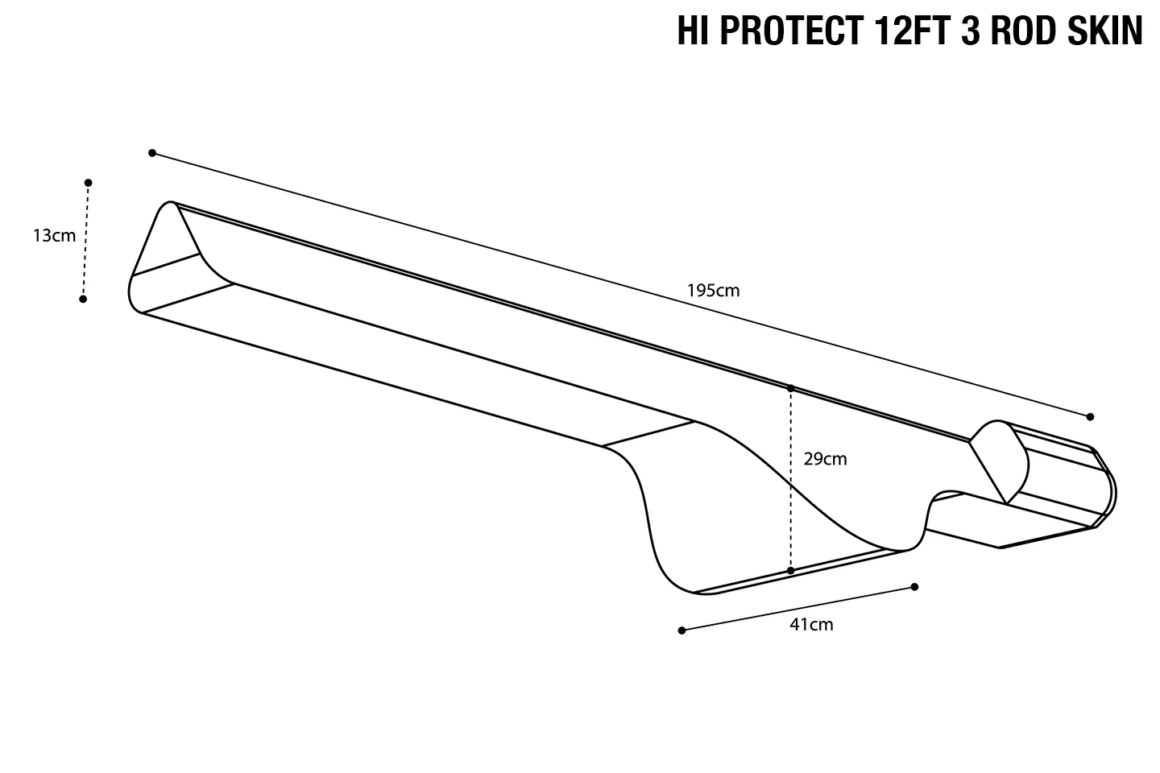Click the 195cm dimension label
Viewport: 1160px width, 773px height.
[x=713, y=291]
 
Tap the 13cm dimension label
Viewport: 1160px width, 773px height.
[x=54, y=236]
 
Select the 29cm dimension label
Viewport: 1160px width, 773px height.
[x=825, y=459]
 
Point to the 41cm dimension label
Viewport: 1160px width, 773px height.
[x=811, y=625]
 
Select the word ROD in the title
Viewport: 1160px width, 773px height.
[x=1015, y=31]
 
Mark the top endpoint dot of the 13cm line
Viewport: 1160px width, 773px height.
[x=89, y=183]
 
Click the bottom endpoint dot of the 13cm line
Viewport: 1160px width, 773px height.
[x=83, y=299]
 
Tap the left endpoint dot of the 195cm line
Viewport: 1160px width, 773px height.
[x=152, y=153]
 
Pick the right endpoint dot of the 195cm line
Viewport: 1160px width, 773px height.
[x=1090, y=416]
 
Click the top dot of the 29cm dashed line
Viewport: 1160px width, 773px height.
[x=791, y=389]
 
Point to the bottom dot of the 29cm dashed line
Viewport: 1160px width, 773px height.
[x=791, y=570]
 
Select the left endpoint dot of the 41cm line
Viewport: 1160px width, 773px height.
[x=681, y=630]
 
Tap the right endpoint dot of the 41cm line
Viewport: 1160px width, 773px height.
[x=914, y=587]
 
